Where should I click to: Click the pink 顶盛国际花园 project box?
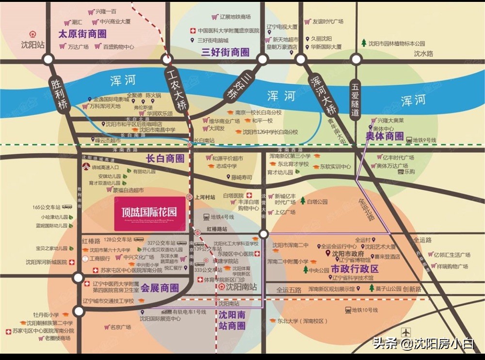pyautogui.click(x=149, y=213)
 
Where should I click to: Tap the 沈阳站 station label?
pyautogui.click(x=32, y=45)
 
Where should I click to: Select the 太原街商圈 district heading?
pyautogui.click(x=82, y=34)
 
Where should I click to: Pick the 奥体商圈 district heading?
pyautogui.click(x=385, y=137)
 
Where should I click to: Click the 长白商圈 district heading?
pyautogui.click(x=165, y=158)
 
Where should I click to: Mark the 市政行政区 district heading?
pyautogui.click(x=355, y=269)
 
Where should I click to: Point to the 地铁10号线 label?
pyautogui.click(x=364, y=310)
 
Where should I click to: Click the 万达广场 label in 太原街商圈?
pyautogui.click(x=78, y=47)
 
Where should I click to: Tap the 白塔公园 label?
pyautogui.click(x=317, y=201)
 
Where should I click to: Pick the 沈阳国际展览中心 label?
pyautogui.click(x=160, y=319)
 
